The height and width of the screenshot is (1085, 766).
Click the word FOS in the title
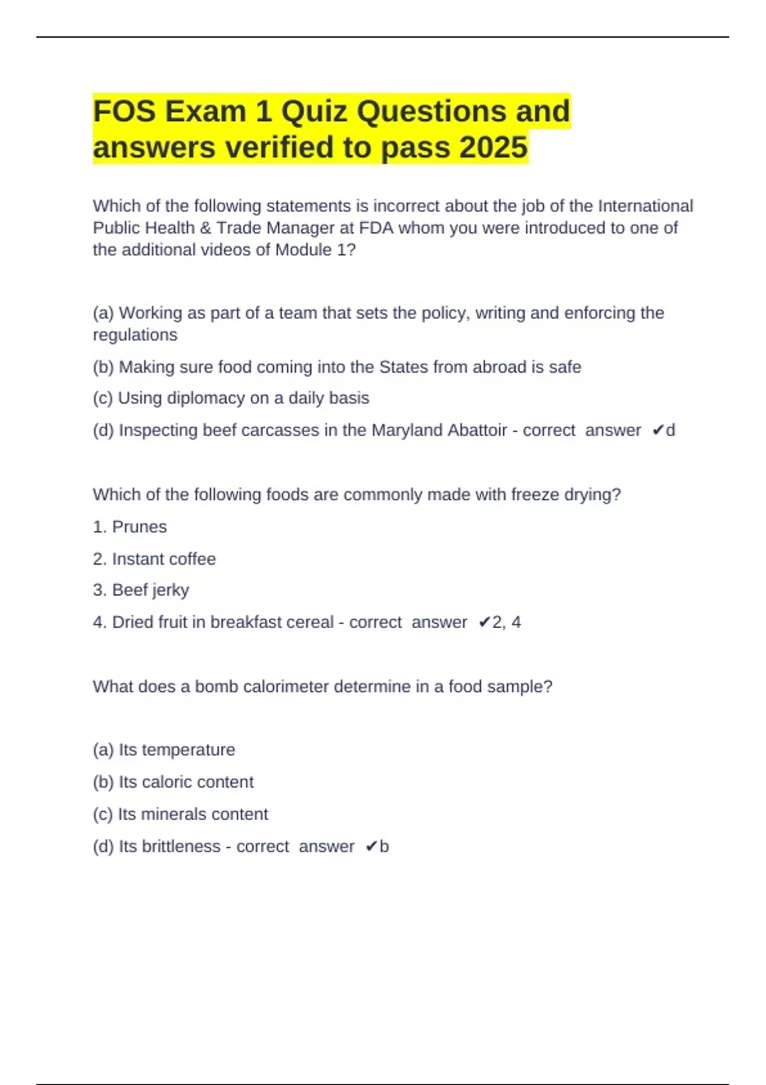coord(124,112)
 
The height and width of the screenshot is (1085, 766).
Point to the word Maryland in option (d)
coord(407,430)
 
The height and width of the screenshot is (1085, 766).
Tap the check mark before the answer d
coord(657,431)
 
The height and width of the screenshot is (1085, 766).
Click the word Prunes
coord(139,527)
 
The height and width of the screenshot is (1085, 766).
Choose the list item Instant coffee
coord(163,559)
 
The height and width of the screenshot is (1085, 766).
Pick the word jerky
coord(170,591)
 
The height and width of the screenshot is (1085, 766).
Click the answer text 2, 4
coord(507,622)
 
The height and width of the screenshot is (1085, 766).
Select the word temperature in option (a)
coord(188,750)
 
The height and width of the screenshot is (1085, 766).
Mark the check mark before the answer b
coord(371,847)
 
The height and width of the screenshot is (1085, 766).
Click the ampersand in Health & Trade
coord(206,228)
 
